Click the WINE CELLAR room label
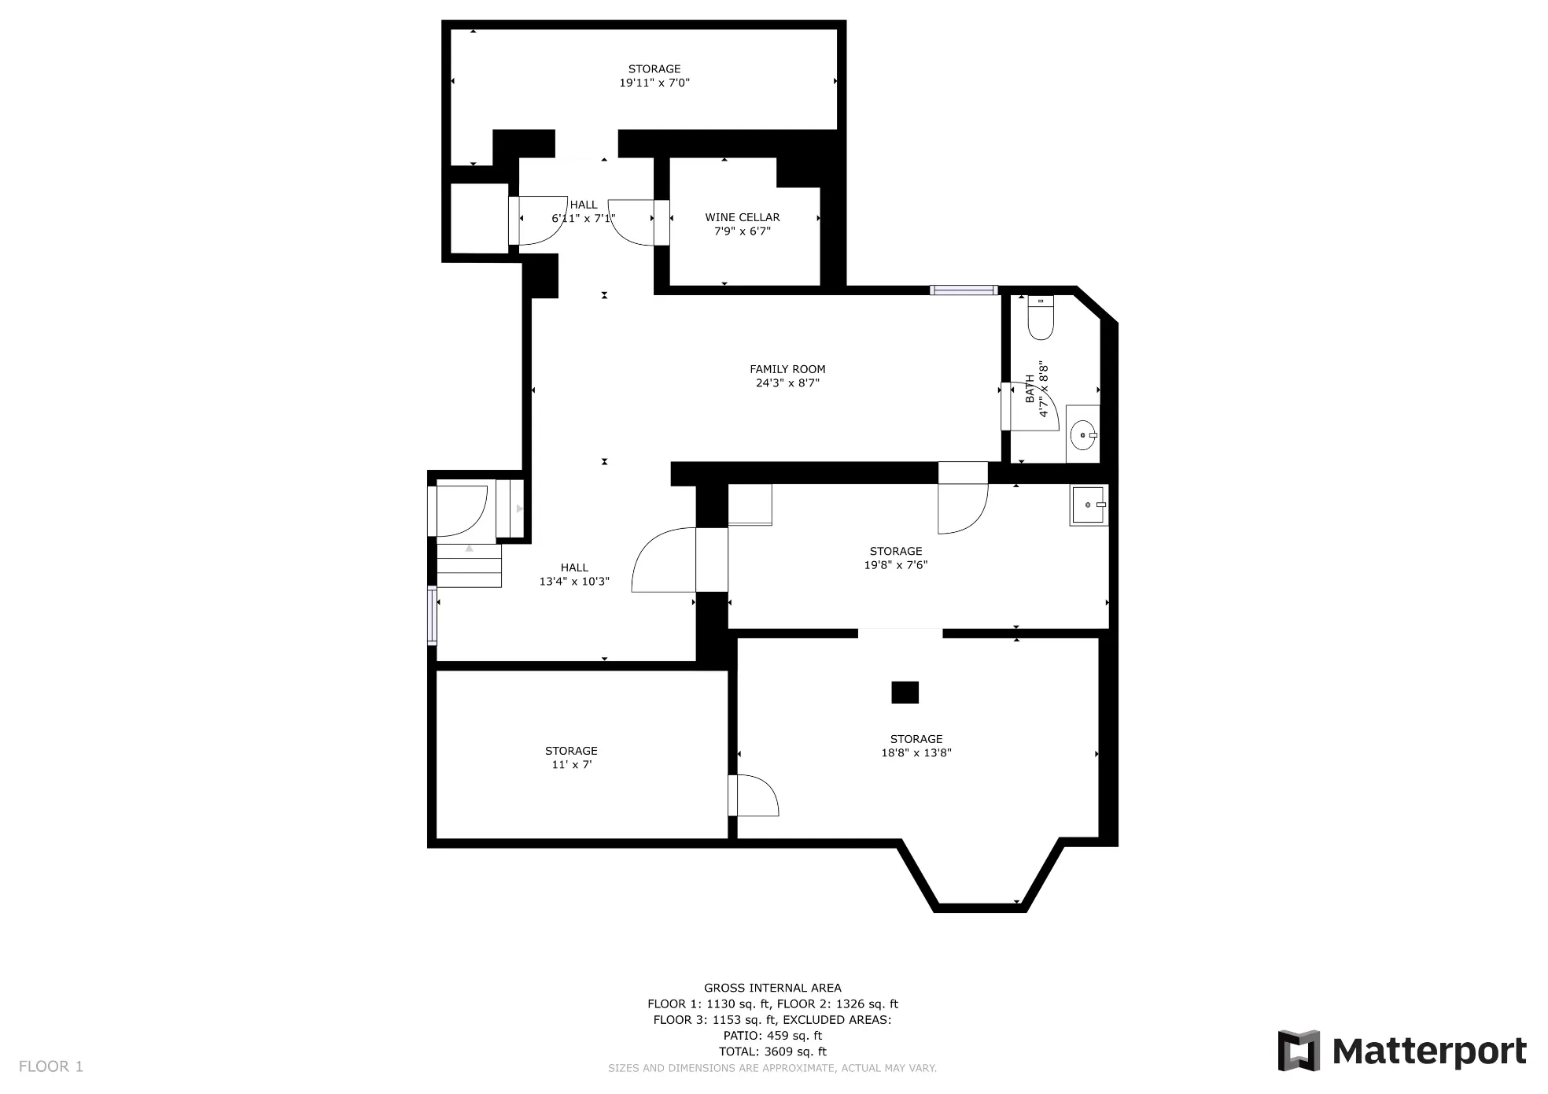pyautogui.click(x=742, y=217)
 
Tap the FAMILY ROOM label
pyautogui.click(x=787, y=369)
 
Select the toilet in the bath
pyautogui.click(x=1040, y=317)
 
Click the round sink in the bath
pyautogui.click(x=1084, y=434)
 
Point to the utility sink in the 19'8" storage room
pyautogui.click(x=1089, y=504)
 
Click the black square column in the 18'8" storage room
pyautogui.click(x=905, y=692)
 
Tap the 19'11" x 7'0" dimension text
pyautogui.click(x=654, y=83)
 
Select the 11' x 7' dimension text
pyautogui.click(x=571, y=765)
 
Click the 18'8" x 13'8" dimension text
pyautogui.click(x=916, y=752)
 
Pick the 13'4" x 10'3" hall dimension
pyautogui.click(x=574, y=582)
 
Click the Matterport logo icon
pyautogui.click(x=1298, y=1050)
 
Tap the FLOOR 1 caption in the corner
pyautogui.click(x=51, y=1066)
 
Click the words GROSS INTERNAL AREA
pyautogui.click(x=772, y=988)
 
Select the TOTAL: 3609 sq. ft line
pyautogui.click(x=772, y=1051)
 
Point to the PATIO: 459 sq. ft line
pyautogui.click(x=772, y=1036)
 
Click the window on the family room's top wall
pyautogui.click(x=964, y=290)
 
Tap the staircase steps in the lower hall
pyautogui.click(x=469, y=565)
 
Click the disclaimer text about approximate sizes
pyautogui.click(x=772, y=1068)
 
